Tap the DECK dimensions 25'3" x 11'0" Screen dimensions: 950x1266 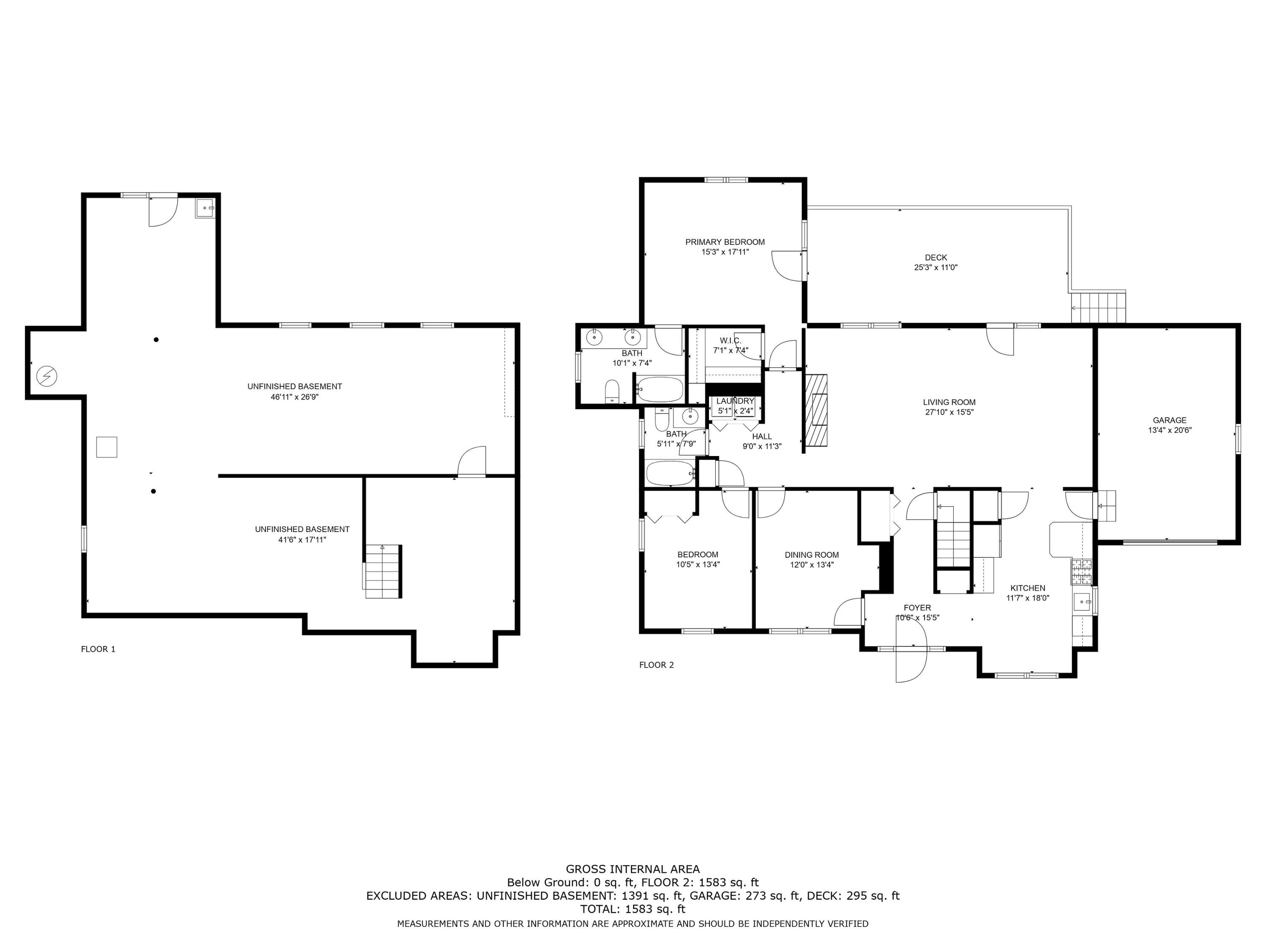(935, 267)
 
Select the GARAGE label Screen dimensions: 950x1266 (1169, 420)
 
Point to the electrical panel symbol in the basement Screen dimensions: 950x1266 (46, 376)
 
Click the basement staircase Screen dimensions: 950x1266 (383, 572)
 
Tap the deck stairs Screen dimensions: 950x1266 (1098, 307)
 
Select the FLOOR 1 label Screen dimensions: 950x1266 (98, 649)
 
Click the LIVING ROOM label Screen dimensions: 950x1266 (949, 402)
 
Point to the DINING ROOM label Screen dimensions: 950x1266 (811, 555)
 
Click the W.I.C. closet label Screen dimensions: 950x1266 (730, 341)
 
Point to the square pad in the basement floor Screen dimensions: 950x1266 (106, 447)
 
